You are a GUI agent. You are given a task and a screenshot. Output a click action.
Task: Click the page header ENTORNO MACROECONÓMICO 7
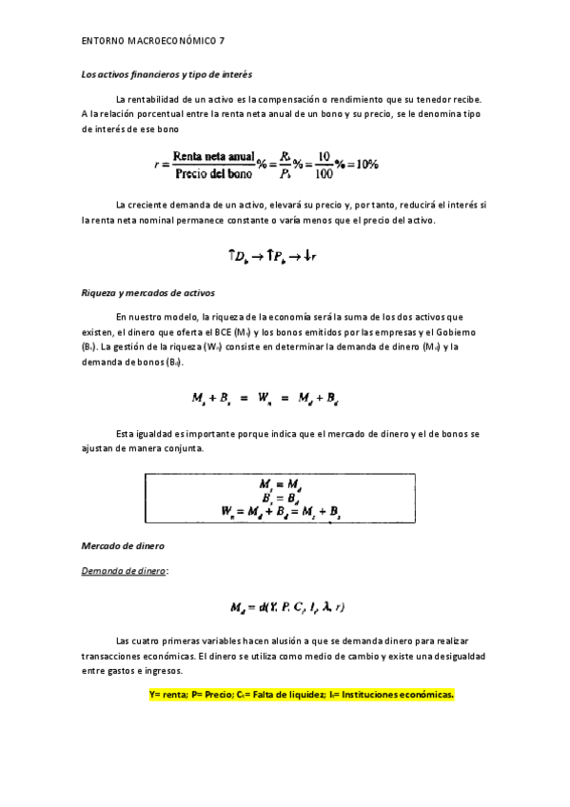tap(153, 41)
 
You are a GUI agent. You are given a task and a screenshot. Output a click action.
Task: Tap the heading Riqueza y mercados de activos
tap(147, 294)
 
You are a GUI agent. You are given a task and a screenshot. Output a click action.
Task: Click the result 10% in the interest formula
tap(364, 164)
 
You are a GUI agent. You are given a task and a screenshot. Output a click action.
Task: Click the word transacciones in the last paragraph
tap(111, 658)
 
